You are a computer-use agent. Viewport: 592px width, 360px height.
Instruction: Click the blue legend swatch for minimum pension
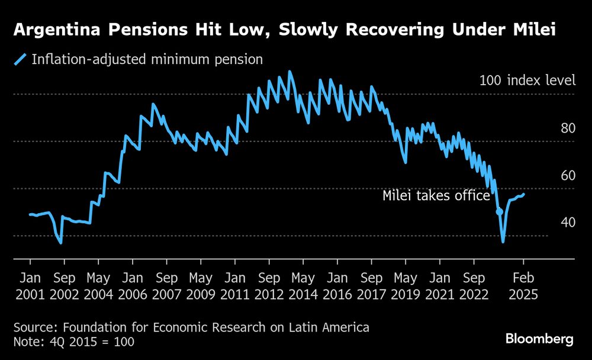point(21,59)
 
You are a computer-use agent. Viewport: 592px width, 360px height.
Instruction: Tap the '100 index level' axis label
point(527,80)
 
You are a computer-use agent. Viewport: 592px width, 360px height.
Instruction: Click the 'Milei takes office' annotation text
point(436,196)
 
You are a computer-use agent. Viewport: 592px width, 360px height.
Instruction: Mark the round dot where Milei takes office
point(499,211)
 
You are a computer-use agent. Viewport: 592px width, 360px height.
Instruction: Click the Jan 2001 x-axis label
point(30,286)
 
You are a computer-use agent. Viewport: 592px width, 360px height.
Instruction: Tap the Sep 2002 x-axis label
point(64,286)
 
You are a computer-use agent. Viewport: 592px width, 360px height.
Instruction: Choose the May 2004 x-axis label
point(98,286)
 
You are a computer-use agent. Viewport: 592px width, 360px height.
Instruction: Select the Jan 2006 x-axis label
point(133,286)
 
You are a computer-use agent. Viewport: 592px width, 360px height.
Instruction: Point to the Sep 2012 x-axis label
point(269,286)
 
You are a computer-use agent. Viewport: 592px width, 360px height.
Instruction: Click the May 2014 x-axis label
point(304,286)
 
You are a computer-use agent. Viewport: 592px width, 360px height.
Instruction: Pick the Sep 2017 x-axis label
point(372,286)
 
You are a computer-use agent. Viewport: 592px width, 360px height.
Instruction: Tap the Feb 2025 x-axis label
point(523,286)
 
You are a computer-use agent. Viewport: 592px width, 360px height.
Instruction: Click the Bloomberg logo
point(539,339)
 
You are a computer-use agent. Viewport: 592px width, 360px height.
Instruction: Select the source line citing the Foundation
point(191,327)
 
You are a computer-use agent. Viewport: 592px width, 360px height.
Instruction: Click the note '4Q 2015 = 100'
point(74,342)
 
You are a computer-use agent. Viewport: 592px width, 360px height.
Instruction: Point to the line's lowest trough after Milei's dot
point(503,241)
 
